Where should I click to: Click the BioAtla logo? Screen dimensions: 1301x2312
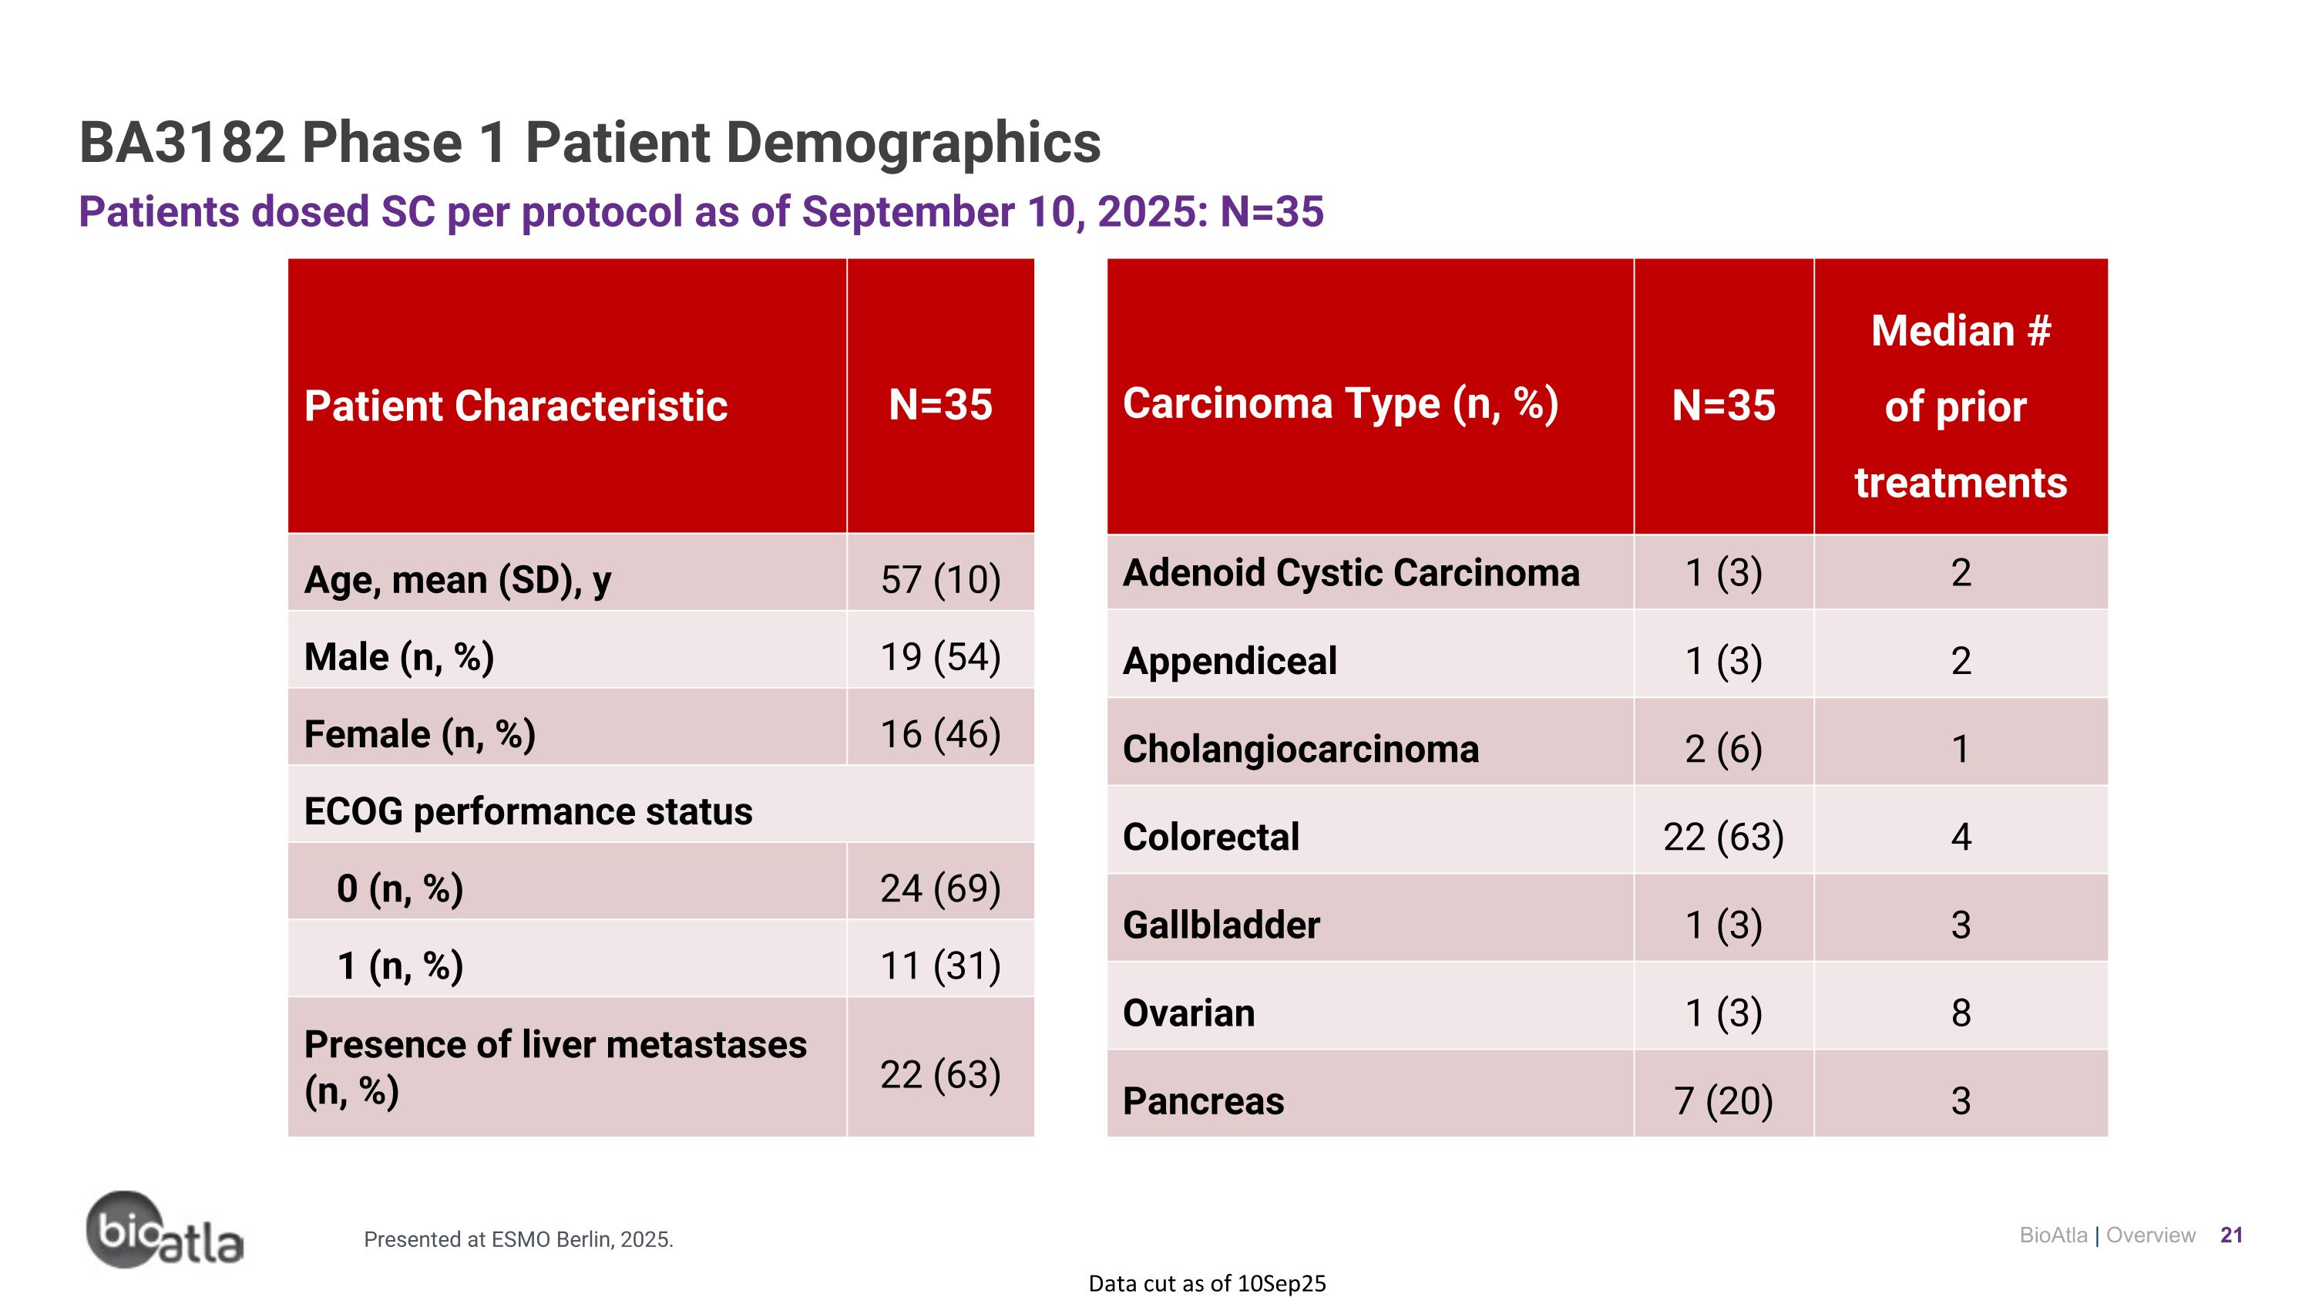(x=164, y=1230)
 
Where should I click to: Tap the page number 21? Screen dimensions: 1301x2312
(x=2231, y=1235)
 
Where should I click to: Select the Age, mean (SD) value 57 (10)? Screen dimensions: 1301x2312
(x=939, y=579)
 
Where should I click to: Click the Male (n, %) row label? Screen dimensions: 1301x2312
(x=398, y=656)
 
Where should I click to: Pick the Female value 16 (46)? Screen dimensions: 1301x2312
(x=939, y=733)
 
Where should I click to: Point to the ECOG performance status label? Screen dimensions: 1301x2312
(x=528, y=811)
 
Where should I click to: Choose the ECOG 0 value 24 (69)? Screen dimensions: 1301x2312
(x=939, y=888)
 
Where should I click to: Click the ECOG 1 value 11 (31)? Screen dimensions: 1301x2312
(x=939, y=966)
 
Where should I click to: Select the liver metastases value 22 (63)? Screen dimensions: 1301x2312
(x=939, y=1073)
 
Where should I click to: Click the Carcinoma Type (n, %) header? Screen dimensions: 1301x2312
(x=1340, y=403)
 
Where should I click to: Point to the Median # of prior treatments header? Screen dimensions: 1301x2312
(x=1960, y=406)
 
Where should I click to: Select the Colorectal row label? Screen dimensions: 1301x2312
(x=1210, y=837)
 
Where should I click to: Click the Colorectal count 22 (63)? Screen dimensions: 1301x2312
(x=1723, y=837)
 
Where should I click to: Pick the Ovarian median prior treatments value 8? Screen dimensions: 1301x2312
(x=1960, y=1013)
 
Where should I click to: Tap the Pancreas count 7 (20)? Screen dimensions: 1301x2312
(x=1723, y=1100)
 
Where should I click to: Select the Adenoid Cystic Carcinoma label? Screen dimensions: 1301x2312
(x=1350, y=573)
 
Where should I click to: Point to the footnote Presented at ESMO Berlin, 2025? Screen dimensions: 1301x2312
(x=518, y=1239)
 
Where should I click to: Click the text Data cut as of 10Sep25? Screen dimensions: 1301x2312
(x=1206, y=1283)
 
